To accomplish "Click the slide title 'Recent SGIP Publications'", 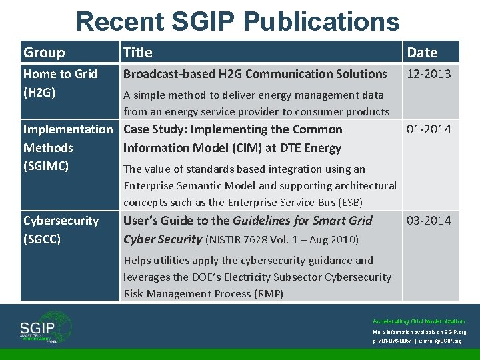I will (x=238, y=21).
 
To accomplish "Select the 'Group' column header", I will (x=44, y=53).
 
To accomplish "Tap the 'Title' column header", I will (x=138, y=53).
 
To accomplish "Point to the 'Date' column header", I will (x=422, y=53).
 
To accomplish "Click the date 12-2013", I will (x=429, y=74).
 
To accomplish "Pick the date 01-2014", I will (x=429, y=129).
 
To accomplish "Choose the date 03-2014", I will (x=429, y=221).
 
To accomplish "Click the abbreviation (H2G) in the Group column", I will (x=39, y=93).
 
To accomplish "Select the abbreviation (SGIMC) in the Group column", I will (x=46, y=166).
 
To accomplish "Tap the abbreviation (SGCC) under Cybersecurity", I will (x=42, y=239).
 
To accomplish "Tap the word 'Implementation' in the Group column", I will (x=68, y=129).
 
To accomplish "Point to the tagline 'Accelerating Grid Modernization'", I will (x=419, y=321).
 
